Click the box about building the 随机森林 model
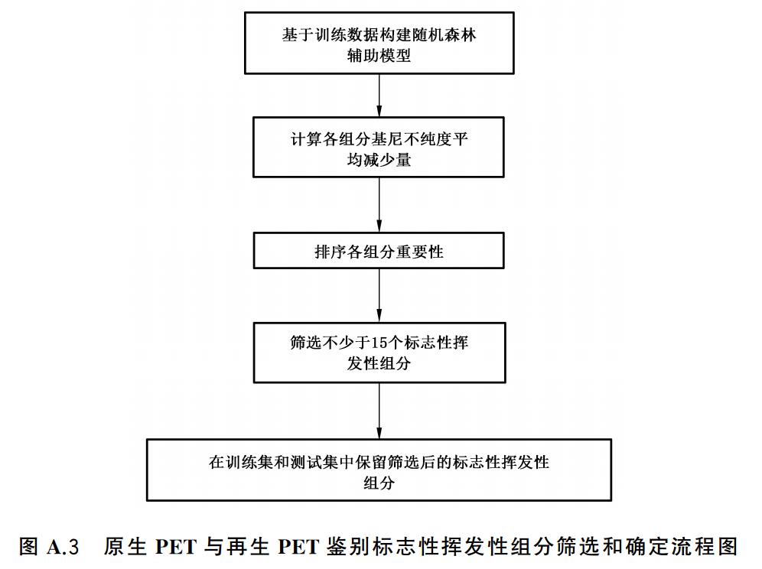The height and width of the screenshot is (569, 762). pos(379,44)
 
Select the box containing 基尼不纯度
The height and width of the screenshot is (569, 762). pos(379,148)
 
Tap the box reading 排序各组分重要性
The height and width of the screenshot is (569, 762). pos(379,252)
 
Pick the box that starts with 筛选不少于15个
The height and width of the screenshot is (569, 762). pos(379,352)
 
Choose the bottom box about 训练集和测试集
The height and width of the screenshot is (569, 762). pos(379,470)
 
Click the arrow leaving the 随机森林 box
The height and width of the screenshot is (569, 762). pos(379,95)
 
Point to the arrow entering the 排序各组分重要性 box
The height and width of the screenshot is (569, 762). pos(379,206)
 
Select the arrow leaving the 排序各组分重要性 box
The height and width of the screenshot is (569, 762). pos(379,295)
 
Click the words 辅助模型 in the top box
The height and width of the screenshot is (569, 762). pos(379,55)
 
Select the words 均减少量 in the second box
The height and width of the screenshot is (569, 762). pos(379,160)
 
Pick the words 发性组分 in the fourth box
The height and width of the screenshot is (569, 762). pos(379,363)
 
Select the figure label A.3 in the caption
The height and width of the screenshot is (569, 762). pos(63,548)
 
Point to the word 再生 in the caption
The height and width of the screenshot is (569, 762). pos(246,548)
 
